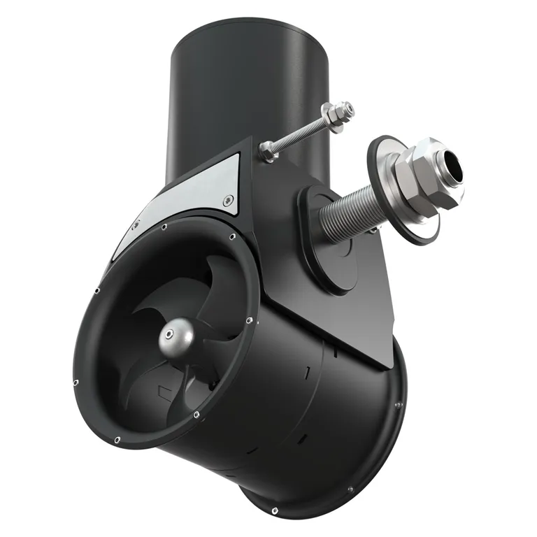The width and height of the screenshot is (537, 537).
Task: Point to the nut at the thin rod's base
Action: (267, 148)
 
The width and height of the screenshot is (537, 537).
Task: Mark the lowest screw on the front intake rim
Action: (117, 439)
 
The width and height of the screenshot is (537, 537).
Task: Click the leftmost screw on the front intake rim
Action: (75, 382)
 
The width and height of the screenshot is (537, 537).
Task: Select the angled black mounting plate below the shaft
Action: (350, 308)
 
